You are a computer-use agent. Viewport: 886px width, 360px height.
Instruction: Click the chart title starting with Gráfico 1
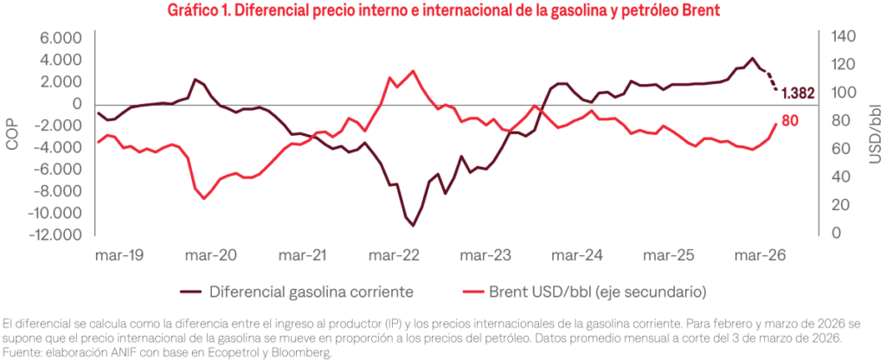pos(443,11)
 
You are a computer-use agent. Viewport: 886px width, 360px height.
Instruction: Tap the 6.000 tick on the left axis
pos(59,38)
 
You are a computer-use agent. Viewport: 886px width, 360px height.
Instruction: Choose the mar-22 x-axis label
pos(395,256)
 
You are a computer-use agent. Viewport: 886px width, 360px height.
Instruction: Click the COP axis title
pos(12,136)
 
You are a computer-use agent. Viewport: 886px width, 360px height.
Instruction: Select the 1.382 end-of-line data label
pos(798,93)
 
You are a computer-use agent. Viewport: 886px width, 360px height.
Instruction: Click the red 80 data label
pos(790,121)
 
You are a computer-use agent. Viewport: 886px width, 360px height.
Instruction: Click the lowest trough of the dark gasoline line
pos(414,226)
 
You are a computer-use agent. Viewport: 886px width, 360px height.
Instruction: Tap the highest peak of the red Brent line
pos(412,71)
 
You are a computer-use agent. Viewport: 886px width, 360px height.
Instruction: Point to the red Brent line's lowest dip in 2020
pos(204,198)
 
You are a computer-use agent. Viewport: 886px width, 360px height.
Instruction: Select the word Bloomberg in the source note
pos(307,352)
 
